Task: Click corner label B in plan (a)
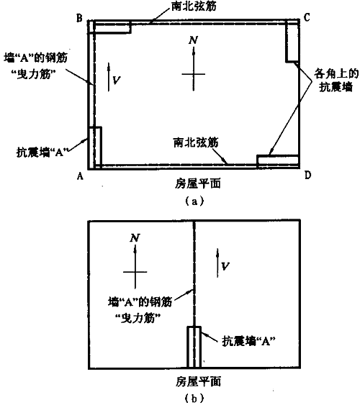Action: point(79,18)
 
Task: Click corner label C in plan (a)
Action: point(307,17)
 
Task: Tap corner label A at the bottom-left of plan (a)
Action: point(81,176)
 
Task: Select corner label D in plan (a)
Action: point(307,176)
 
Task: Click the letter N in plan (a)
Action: point(193,40)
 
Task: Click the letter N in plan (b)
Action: point(135,238)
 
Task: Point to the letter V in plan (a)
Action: point(117,81)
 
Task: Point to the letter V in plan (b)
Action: point(225,266)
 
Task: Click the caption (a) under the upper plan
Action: point(194,201)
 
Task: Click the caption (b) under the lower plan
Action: point(194,399)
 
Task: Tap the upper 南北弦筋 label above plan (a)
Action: point(194,6)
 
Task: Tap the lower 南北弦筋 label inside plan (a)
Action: point(196,142)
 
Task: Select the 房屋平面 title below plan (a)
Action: point(198,184)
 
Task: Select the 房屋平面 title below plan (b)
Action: point(198,381)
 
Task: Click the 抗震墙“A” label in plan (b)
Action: point(248,341)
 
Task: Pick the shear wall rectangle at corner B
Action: point(109,27)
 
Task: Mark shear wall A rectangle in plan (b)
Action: point(194,347)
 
